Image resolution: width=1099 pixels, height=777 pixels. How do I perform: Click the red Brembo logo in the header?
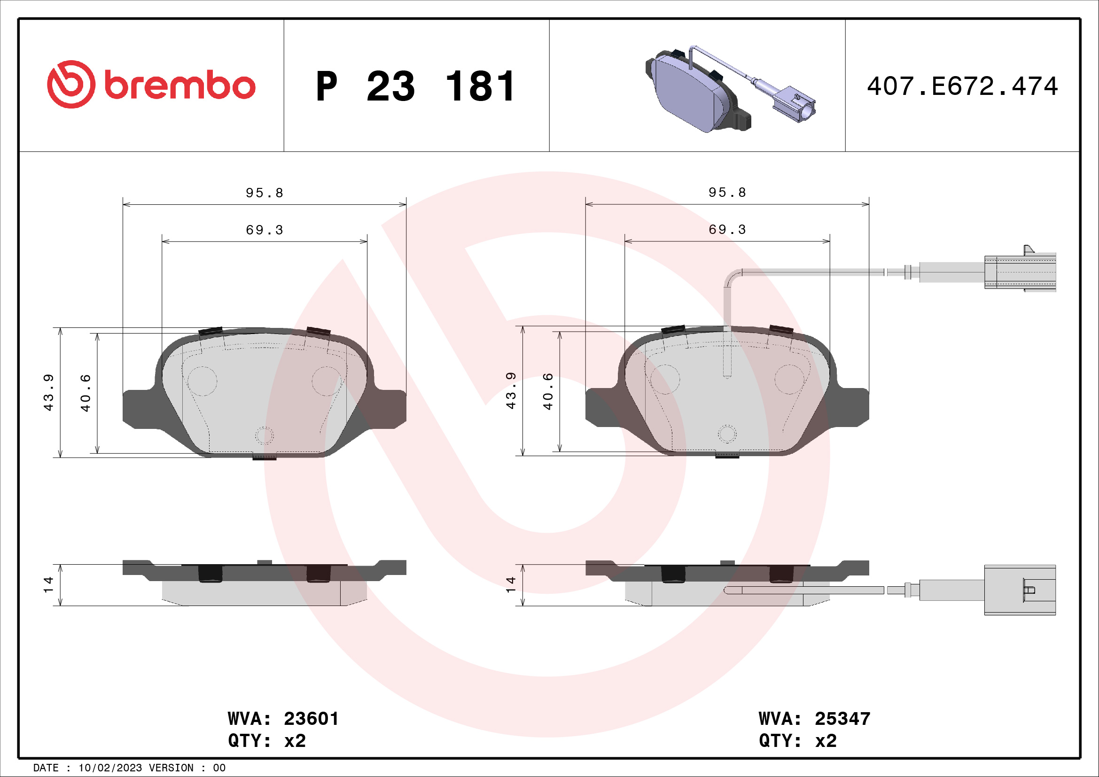[151, 84]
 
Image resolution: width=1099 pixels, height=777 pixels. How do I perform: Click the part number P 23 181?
[415, 86]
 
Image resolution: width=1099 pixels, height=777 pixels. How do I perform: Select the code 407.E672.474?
[962, 86]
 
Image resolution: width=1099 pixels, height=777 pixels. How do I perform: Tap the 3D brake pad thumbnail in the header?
[730, 89]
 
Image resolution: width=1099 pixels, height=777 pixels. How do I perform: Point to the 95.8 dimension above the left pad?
[265, 193]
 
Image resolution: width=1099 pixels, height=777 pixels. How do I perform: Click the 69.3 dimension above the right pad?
[727, 230]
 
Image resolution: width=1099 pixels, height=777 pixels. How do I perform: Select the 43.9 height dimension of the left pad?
[49, 392]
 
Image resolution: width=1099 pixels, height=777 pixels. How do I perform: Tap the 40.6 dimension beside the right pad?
[548, 391]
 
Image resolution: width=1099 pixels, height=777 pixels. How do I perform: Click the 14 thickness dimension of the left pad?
[48, 585]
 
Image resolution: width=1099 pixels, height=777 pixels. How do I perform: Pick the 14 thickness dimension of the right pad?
[511, 585]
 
